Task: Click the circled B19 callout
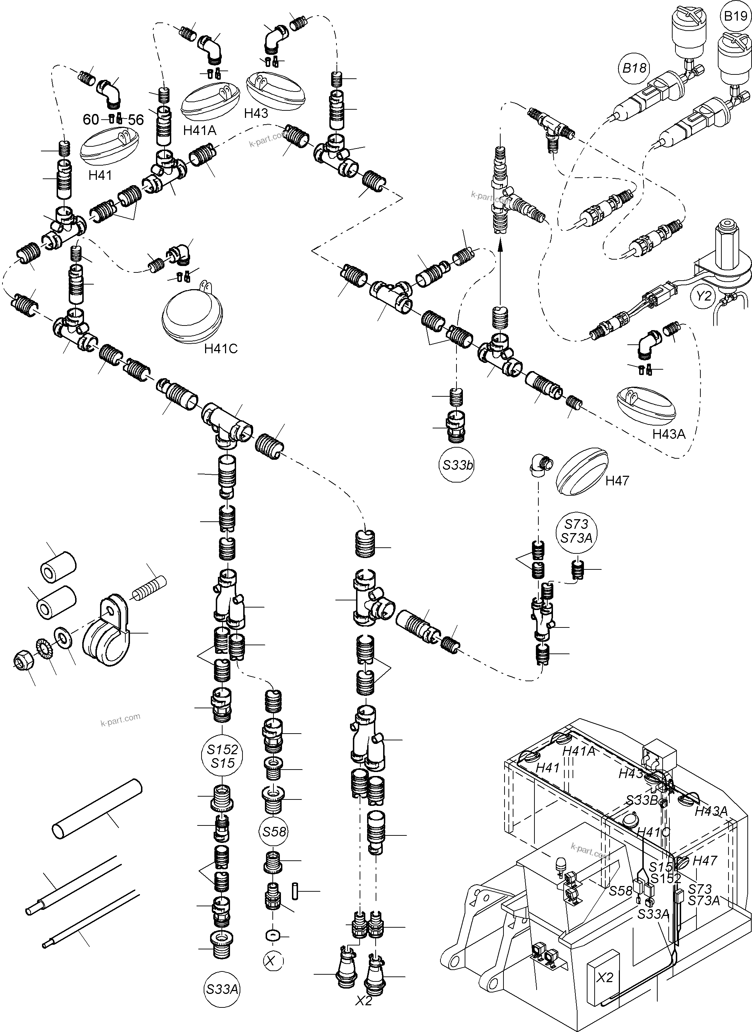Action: coord(735,17)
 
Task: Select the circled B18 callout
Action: coord(634,69)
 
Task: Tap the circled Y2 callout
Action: coord(704,296)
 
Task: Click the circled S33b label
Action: coord(457,465)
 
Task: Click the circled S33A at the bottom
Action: coord(222,989)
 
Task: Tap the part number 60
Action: coord(90,119)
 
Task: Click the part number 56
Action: coord(136,120)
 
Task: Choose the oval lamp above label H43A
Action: coord(646,402)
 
